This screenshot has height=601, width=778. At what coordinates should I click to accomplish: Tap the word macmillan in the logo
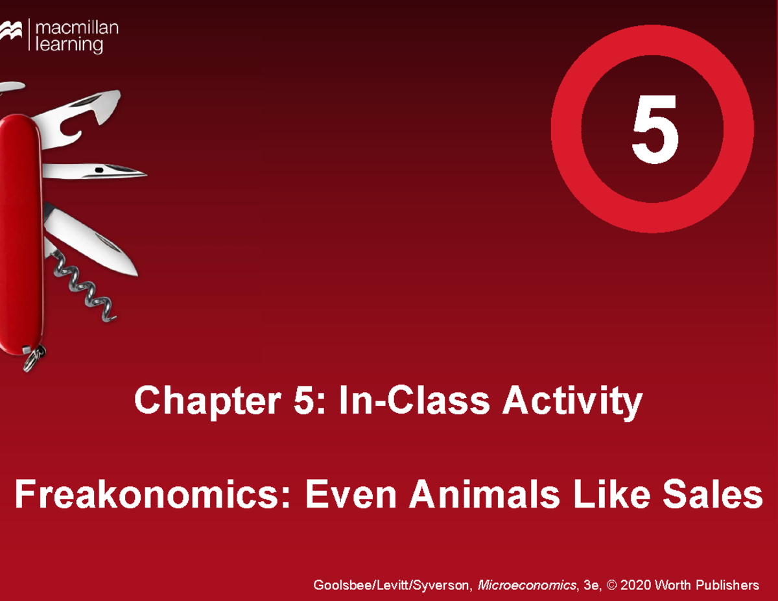pos(77,28)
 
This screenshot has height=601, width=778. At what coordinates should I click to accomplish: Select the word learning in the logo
pos(69,45)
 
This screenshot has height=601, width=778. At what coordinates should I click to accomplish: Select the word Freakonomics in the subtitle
pos(152,497)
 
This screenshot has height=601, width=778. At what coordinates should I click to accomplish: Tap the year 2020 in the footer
pos(636,585)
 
